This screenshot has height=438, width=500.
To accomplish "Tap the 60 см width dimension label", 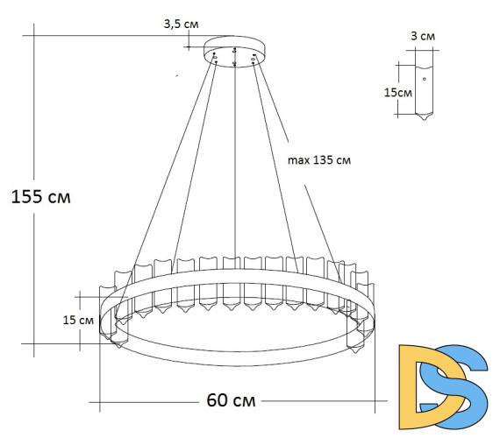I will (232, 400).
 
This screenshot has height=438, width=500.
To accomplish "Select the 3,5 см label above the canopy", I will (181, 25).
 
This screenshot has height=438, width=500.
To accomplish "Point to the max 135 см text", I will (319, 161).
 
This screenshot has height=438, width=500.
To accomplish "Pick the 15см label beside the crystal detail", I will (397, 92).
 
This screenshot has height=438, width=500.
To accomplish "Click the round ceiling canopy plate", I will (235, 48).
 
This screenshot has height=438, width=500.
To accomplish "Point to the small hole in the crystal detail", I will (425, 79).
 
